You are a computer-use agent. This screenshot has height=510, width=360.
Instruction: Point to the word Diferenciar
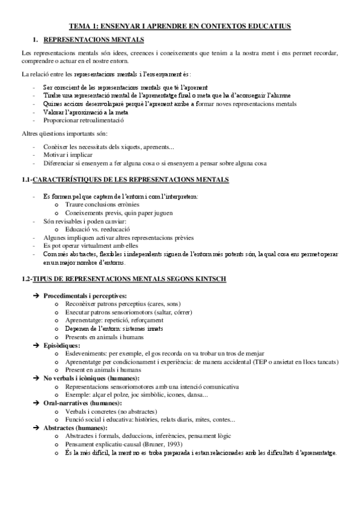[61, 162]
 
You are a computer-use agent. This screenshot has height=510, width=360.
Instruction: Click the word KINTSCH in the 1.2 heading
[207, 280]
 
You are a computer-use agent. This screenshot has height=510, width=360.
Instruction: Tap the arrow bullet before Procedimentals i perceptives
[37, 296]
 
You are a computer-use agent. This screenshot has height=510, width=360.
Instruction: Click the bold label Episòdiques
[63, 346]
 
